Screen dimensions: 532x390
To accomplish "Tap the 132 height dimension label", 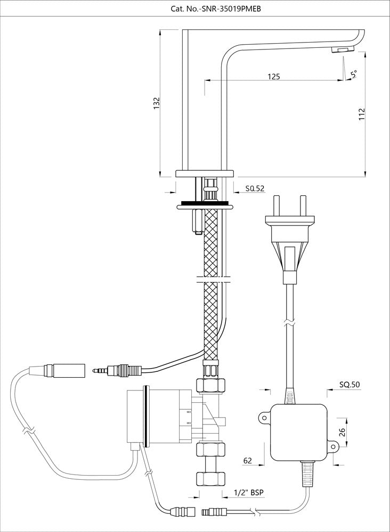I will [x=156, y=103].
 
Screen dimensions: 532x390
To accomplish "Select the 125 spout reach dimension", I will [x=273, y=77].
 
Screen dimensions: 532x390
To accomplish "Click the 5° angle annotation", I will [x=354, y=74].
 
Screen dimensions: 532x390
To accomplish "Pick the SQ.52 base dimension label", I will [x=255, y=188].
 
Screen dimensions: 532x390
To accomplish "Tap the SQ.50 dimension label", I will [x=348, y=384].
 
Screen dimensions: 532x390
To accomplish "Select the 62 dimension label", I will [x=248, y=461].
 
